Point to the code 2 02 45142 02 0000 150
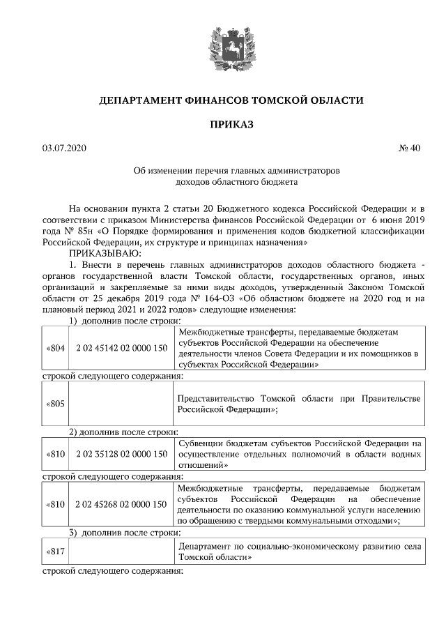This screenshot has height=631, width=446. coord(122,347)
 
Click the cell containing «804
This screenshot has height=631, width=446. coord(55,347)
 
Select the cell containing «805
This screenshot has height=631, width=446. coord(55,404)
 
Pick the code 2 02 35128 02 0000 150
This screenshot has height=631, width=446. coord(122,454)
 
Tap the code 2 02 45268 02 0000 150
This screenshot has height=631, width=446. coord(122,503)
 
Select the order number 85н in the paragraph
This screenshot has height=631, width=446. coord(87,231)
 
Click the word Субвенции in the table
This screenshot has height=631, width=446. coord(199,443)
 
